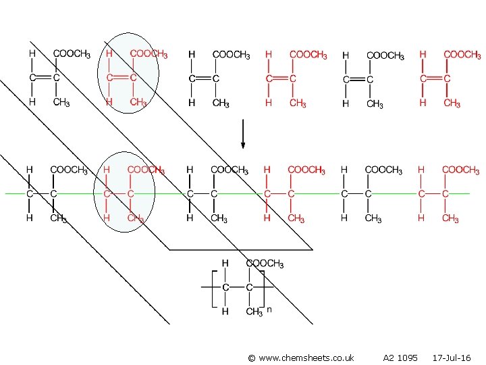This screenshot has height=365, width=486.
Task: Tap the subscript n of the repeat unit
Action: pyautogui.click(x=269, y=310)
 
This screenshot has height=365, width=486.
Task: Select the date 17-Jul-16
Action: pyautogui.click(x=452, y=357)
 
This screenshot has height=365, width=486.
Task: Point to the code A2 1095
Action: pyautogui.click(x=400, y=357)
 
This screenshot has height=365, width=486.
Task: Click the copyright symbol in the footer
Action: pyautogui.click(x=251, y=357)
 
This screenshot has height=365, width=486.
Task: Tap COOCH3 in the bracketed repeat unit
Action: pyautogui.click(x=265, y=264)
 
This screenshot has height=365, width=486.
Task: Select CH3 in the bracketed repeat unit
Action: pyautogui.click(x=254, y=312)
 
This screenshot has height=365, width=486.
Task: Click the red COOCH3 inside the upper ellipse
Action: pyautogui.click(x=148, y=54)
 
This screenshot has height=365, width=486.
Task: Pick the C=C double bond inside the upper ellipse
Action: pyautogui.click(x=122, y=78)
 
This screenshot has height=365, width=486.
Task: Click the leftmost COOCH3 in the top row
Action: pyautogui.click(x=72, y=54)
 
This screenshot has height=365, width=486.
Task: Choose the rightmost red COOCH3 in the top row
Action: pyautogui.click(x=462, y=54)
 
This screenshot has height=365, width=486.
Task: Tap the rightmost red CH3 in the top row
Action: pyautogui.click(x=452, y=103)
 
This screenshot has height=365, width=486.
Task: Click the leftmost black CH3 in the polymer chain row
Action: pyautogui.click(x=61, y=218)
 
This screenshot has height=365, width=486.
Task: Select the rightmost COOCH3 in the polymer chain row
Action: pyautogui.click(x=460, y=170)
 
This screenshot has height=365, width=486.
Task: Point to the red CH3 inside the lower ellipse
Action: pyautogui.click(x=136, y=218)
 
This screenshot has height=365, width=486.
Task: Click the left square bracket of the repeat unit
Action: pyautogui.click(x=211, y=288)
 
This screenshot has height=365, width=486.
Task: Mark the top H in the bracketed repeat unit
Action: pyautogui.click(x=225, y=264)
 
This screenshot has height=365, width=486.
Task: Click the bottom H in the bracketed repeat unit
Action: pyautogui.click(x=225, y=312)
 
